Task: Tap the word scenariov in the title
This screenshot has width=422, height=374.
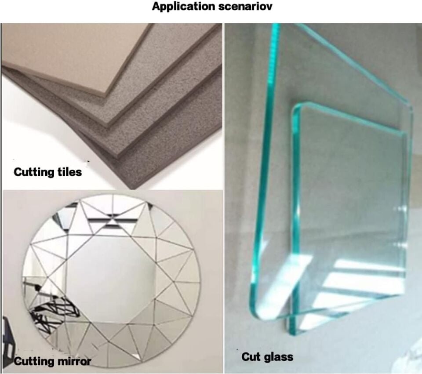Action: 245,6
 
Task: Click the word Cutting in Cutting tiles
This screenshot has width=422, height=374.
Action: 31,172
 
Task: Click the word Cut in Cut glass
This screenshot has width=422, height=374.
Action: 250,356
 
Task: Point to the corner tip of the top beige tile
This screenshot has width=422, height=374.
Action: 105,96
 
